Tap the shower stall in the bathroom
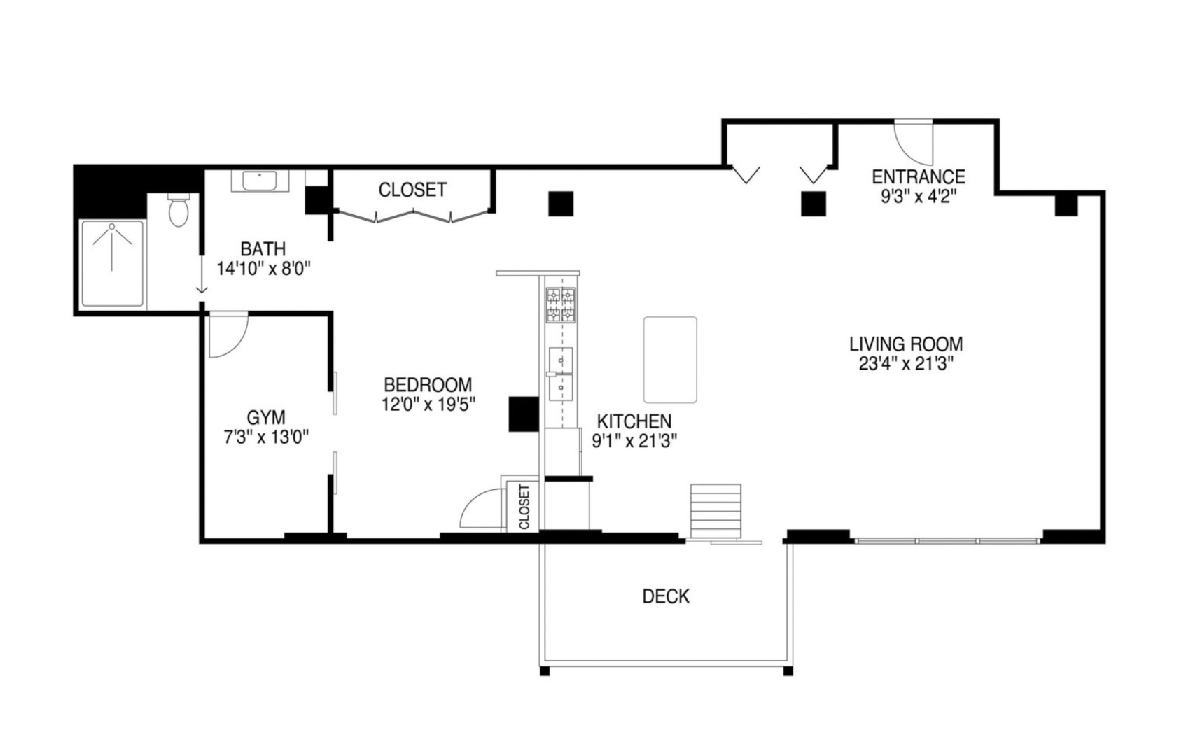tap(112, 263)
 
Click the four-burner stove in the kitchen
tap(561, 305)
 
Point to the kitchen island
tap(670, 360)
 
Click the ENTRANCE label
tap(918, 176)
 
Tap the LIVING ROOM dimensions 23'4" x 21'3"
tap(906, 364)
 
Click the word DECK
tap(666, 596)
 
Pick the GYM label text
tap(266, 418)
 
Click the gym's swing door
tap(228, 335)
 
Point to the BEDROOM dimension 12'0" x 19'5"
tap(428, 404)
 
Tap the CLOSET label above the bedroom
tap(412, 190)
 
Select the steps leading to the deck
tap(715, 510)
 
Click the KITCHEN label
tap(634, 421)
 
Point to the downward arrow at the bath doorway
tap(202, 280)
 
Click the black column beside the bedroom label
tap(522, 414)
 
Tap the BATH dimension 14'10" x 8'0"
tap(263, 268)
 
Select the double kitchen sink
tap(560, 374)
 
